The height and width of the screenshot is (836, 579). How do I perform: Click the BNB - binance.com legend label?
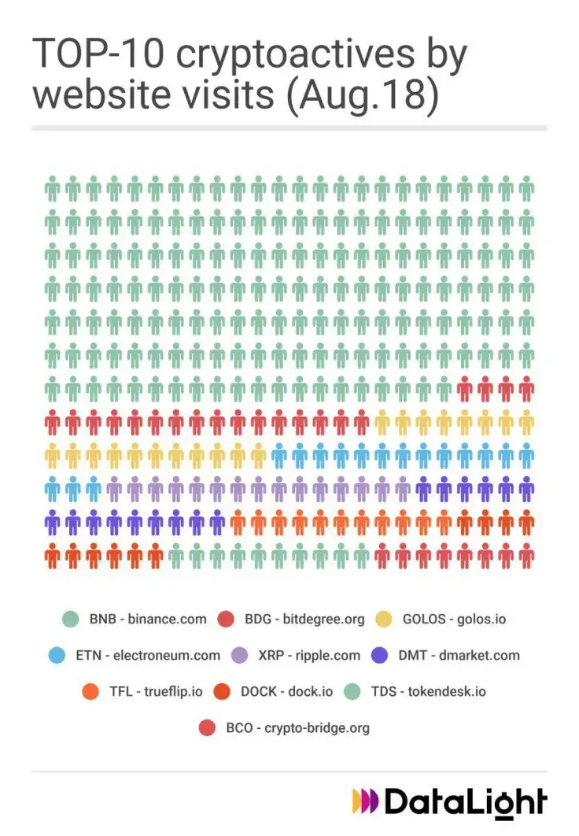148,619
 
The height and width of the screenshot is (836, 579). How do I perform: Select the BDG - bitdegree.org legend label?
304,619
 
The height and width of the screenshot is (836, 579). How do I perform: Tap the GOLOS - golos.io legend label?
454,619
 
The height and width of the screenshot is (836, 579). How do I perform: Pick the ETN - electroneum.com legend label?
148,655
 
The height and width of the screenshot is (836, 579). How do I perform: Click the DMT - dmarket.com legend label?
459,655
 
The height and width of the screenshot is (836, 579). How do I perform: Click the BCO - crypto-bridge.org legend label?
297,728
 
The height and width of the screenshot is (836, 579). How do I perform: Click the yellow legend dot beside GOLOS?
385,619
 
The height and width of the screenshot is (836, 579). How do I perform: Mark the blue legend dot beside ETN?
57,655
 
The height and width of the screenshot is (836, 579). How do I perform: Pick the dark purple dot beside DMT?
381,655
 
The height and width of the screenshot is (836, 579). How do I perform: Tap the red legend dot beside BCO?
208,728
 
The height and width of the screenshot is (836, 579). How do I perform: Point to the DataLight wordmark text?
465,801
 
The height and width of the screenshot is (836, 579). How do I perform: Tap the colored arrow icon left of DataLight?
364,801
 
